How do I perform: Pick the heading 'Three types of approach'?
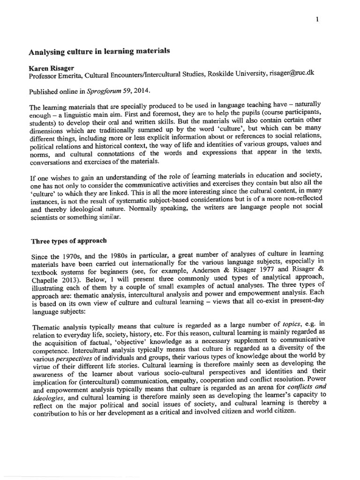[68, 242]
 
